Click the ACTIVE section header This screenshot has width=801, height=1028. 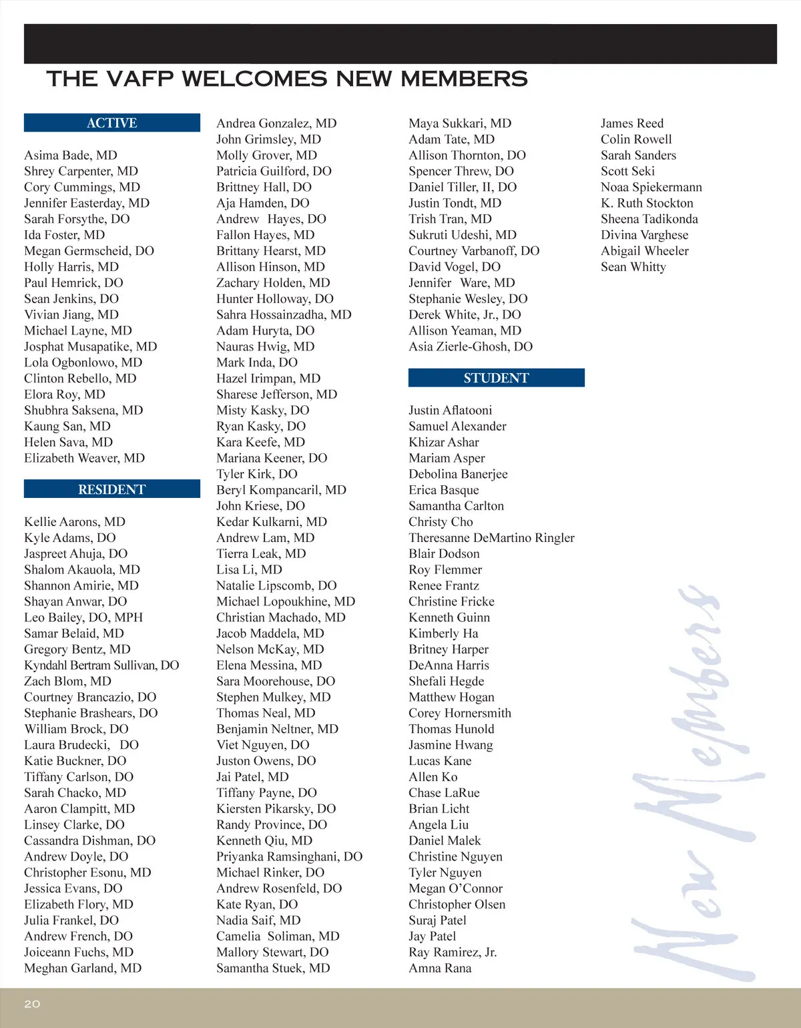click(x=111, y=123)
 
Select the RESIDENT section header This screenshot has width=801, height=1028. click(x=111, y=489)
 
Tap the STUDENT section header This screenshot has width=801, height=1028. click(x=496, y=378)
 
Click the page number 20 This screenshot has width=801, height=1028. click(x=32, y=1003)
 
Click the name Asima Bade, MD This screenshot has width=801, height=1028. click(x=71, y=155)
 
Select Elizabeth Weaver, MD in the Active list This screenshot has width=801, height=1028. click(x=84, y=458)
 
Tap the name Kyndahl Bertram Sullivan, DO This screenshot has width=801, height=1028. click(x=101, y=665)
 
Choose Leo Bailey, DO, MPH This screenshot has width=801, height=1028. click(x=83, y=617)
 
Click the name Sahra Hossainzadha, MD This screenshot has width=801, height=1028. click(x=284, y=314)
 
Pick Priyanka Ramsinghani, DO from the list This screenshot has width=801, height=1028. click(x=289, y=856)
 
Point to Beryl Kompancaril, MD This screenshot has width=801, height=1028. click(x=281, y=490)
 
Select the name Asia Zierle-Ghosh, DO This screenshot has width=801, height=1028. click(x=471, y=346)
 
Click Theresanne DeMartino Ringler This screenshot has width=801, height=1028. click(x=491, y=538)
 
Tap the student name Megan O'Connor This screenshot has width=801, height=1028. click(x=455, y=888)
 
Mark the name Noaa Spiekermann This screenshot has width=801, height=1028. click(x=651, y=187)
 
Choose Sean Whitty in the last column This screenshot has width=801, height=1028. click(x=633, y=267)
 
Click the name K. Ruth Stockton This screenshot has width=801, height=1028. click(x=647, y=203)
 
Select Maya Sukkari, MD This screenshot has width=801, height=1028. click(x=460, y=123)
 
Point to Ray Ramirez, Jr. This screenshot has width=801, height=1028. click(x=453, y=953)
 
